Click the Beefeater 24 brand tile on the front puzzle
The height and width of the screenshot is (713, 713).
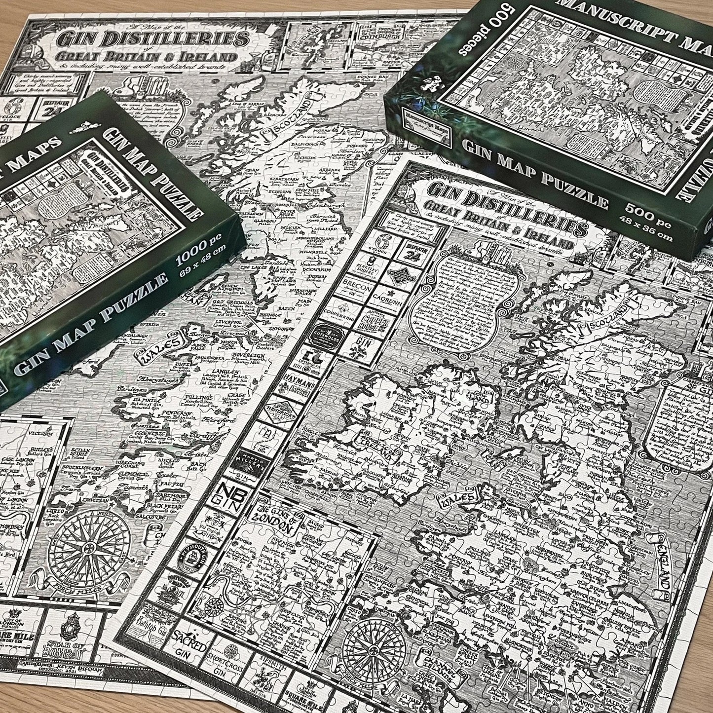pyautogui.click(x=403, y=255)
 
